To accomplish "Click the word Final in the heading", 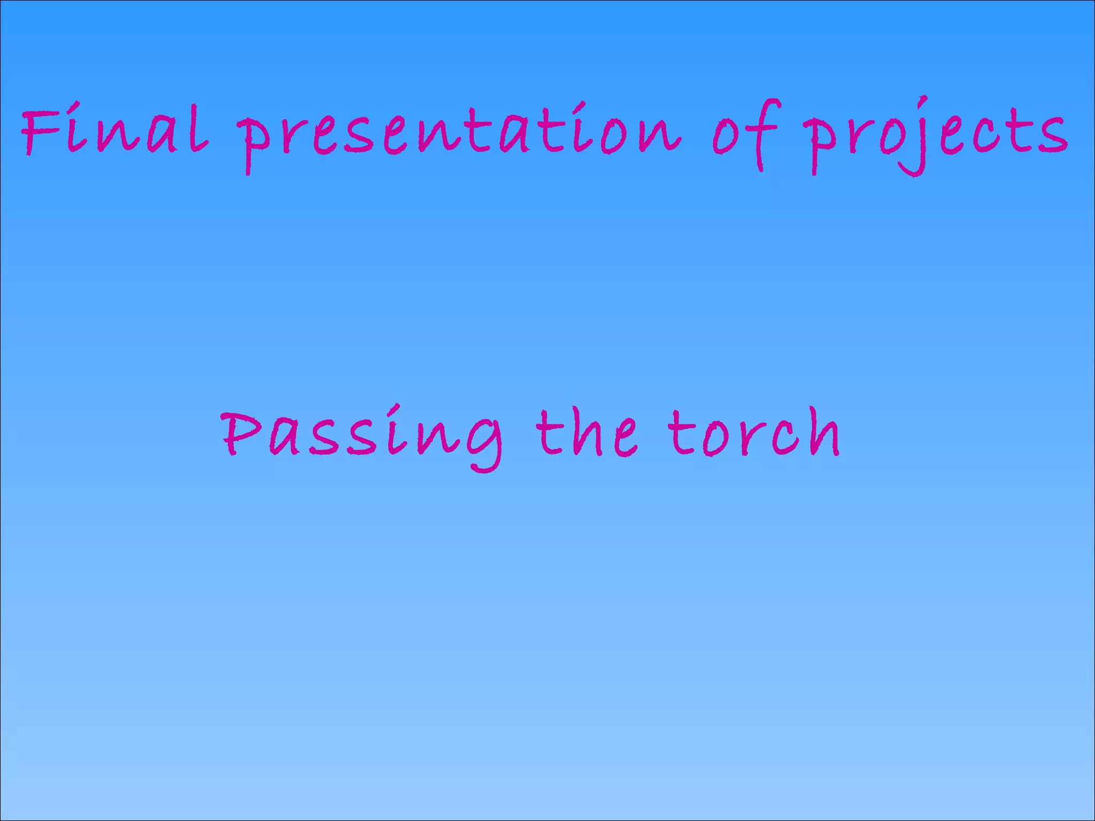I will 114,130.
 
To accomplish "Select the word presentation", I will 460,134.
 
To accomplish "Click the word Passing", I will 361,436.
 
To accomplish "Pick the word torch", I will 754,433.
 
